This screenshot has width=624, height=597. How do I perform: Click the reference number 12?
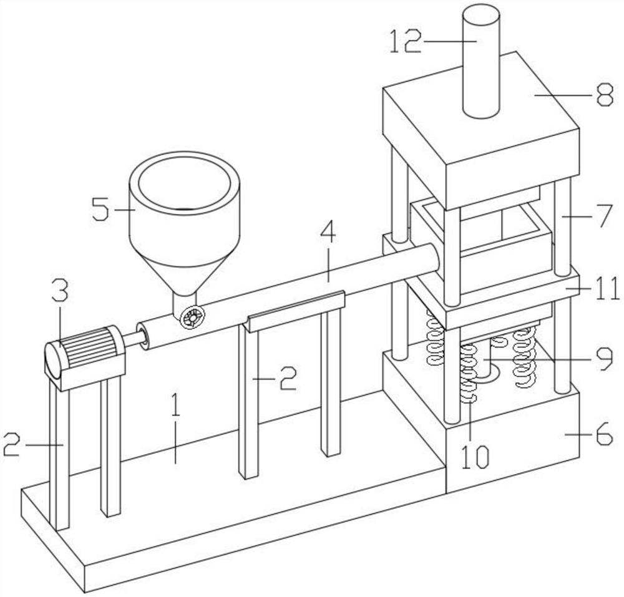404,41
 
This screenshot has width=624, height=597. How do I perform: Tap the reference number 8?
605,95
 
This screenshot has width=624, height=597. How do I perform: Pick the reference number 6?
603,434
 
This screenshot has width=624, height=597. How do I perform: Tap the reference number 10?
475,456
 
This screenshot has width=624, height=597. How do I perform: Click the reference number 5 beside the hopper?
100,209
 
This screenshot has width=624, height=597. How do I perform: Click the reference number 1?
175,405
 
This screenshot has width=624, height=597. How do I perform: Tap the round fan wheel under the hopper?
192,317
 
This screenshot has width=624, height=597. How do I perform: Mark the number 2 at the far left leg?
12,444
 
